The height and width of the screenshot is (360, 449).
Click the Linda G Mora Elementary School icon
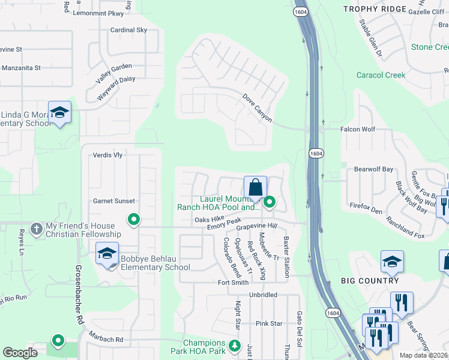(59, 112)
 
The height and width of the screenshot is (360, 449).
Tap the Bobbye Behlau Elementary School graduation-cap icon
(107, 254)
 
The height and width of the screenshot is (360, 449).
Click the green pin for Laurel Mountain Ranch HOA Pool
(270, 202)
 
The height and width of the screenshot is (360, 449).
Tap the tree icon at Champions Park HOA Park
(234, 346)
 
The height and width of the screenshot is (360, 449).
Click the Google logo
(20, 353)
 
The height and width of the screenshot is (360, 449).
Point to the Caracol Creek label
(381, 76)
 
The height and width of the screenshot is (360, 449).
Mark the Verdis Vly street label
(108, 155)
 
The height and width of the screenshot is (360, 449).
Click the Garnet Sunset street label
(114, 201)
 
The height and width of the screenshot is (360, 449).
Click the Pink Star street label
(268, 323)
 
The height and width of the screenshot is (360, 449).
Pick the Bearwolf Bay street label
(373, 170)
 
